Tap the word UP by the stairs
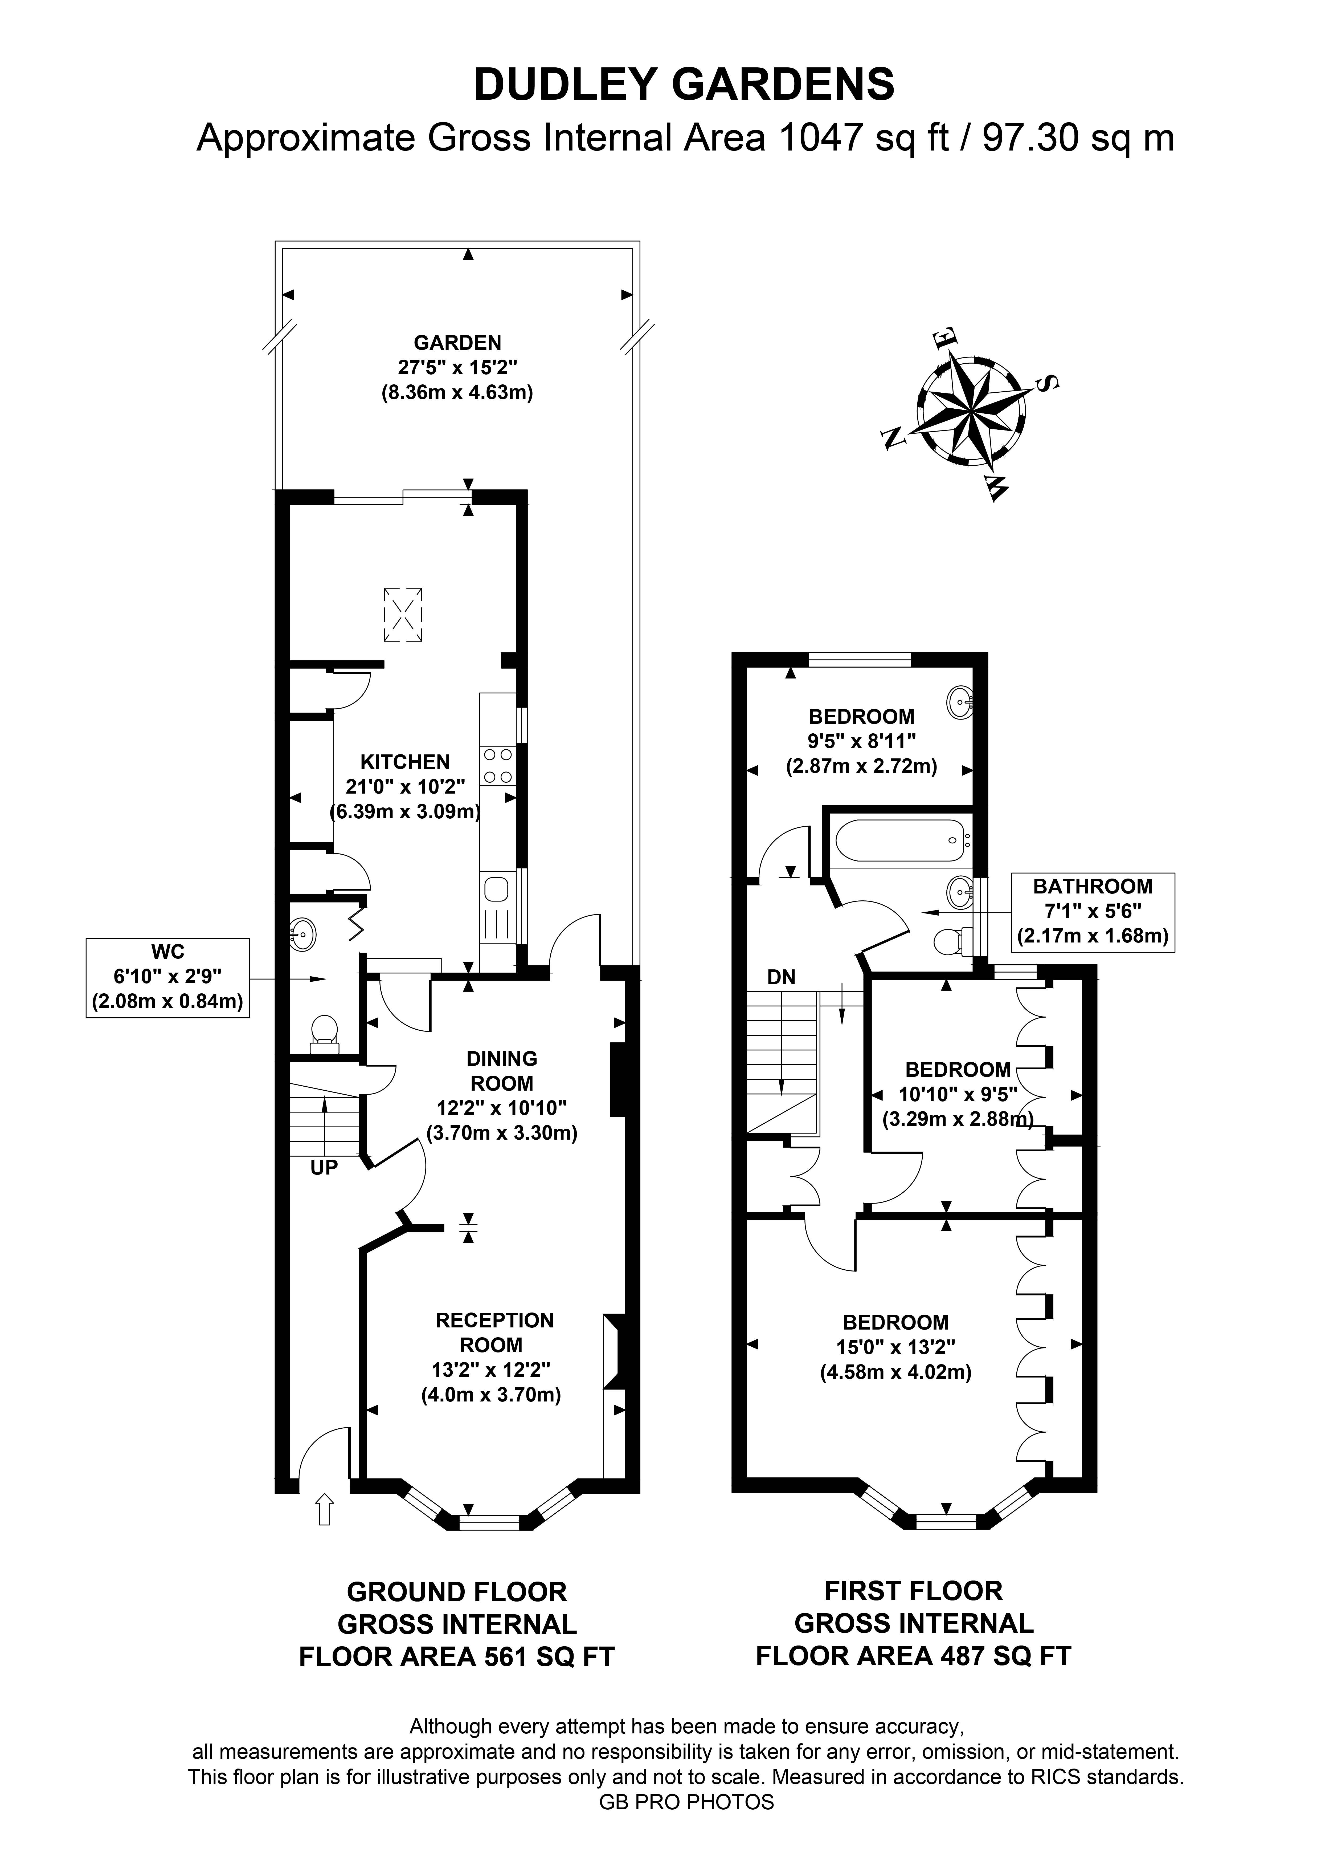pos(324,1167)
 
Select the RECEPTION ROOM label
pos(494,1332)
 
